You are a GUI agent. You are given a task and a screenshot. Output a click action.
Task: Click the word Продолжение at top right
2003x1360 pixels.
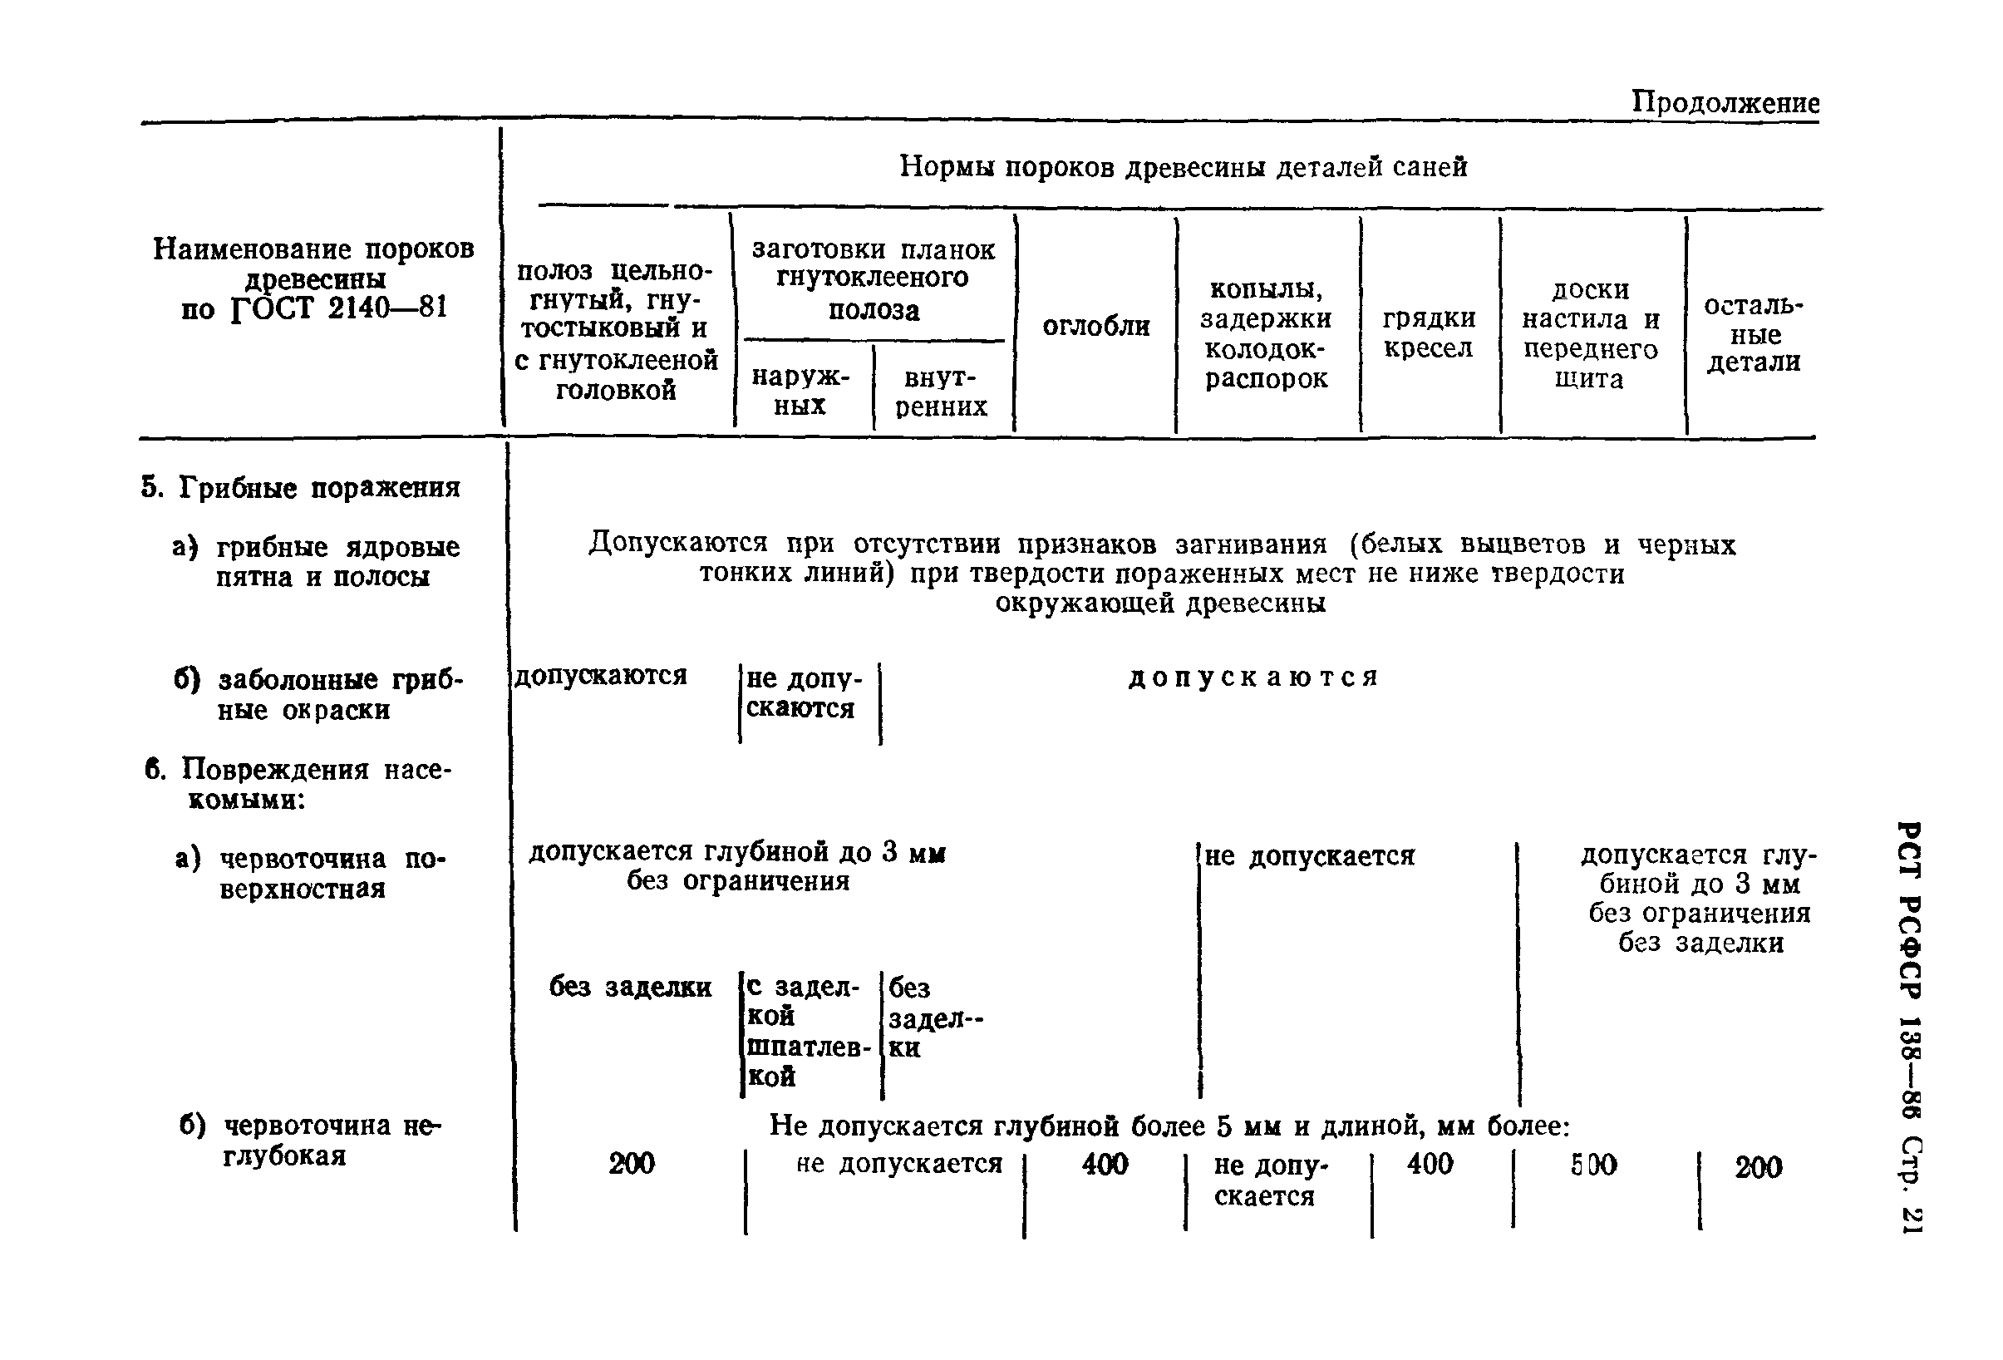1725,103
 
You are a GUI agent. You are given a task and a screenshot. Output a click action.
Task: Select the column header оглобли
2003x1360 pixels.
1095,327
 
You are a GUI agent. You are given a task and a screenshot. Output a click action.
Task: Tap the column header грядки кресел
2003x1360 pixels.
1429,333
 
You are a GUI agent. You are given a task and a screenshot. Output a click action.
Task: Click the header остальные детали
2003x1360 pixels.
1753,334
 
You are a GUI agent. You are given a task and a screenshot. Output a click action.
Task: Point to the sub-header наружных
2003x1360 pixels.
800,392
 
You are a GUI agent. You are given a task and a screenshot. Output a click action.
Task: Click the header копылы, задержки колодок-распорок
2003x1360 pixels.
1265,333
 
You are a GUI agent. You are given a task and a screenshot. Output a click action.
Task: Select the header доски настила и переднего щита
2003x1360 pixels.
1589,333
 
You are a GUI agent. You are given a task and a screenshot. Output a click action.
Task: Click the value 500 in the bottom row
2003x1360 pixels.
1593,1165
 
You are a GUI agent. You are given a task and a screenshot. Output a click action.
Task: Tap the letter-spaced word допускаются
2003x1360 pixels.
1253,678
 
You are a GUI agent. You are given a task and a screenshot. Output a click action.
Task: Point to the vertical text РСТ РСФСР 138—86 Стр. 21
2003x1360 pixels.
1910,1026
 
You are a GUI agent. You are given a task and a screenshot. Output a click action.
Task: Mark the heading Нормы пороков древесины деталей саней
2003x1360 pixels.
1183,166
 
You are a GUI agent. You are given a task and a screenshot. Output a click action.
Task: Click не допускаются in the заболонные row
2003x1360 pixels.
802,693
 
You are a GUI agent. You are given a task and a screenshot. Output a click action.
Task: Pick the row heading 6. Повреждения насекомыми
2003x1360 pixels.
298,783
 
